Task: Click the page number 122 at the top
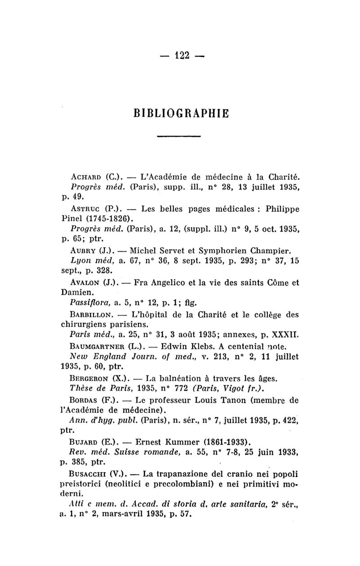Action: tap(180, 56)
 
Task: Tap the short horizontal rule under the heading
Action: tap(180, 136)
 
